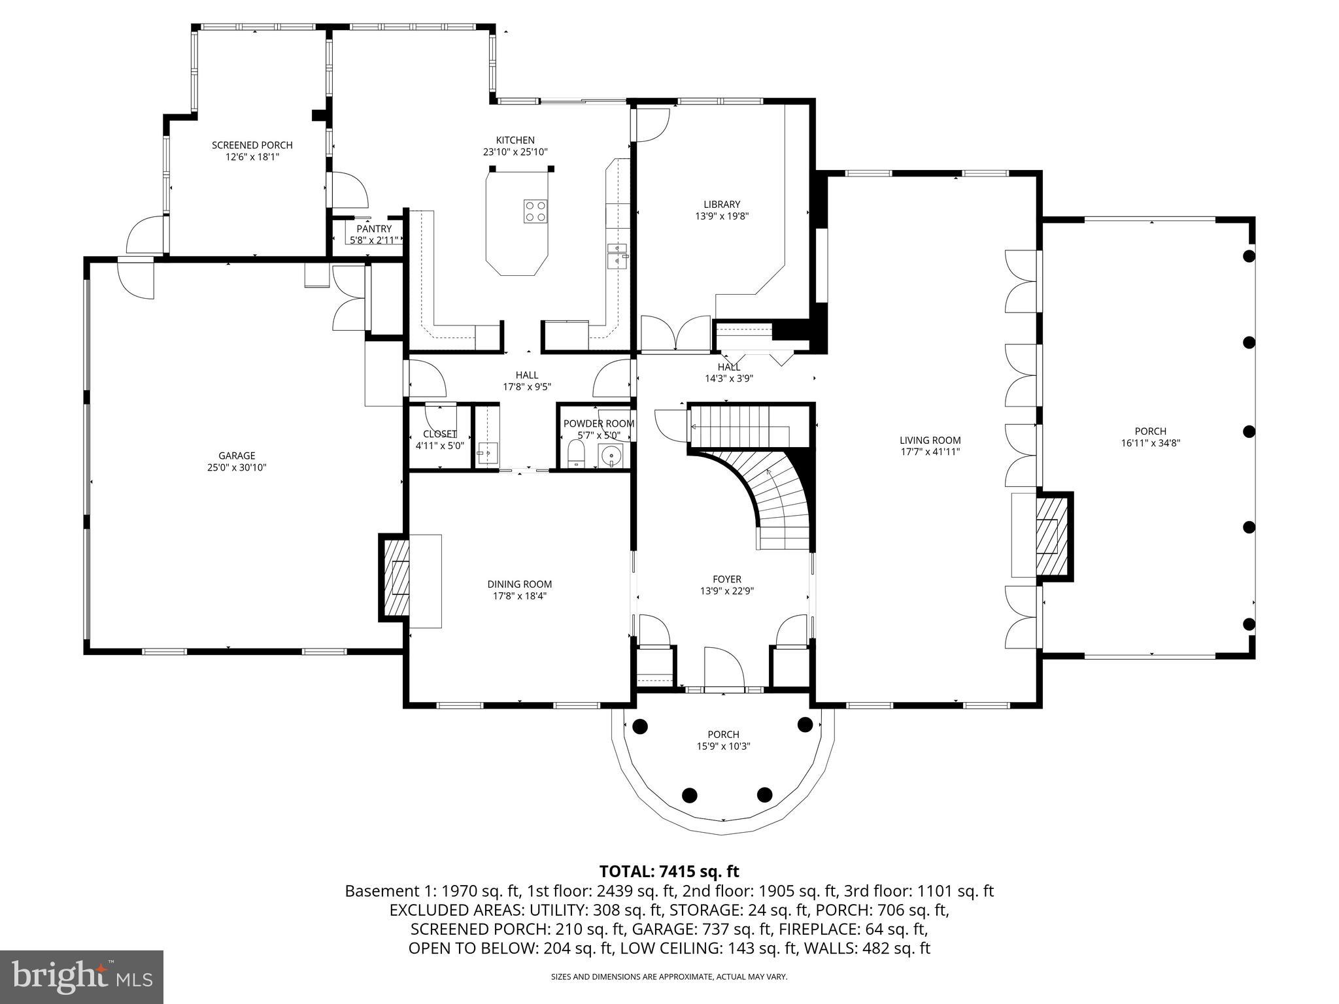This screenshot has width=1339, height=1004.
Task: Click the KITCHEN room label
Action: coord(515,140)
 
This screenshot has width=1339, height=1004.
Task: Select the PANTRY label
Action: coord(374,229)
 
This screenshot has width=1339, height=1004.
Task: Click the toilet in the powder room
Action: coord(576,454)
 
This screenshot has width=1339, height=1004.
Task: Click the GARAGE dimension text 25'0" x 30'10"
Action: coord(237,467)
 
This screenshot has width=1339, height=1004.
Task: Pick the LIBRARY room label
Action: coord(722,205)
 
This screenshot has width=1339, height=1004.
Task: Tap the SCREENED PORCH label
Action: coord(252,145)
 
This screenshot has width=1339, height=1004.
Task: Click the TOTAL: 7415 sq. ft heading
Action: coord(669,871)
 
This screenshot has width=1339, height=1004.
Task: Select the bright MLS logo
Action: coord(82,977)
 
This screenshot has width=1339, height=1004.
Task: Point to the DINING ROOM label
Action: coord(519,584)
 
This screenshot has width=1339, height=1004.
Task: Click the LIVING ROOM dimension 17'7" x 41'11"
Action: coord(930,452)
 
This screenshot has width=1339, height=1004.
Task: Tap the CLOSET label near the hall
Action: coord(439,434)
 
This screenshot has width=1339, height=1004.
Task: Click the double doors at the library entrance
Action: coord(675,335)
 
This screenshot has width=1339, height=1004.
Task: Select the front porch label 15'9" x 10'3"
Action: coord(722,746)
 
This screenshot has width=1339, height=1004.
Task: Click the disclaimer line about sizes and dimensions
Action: coord(669,977)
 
